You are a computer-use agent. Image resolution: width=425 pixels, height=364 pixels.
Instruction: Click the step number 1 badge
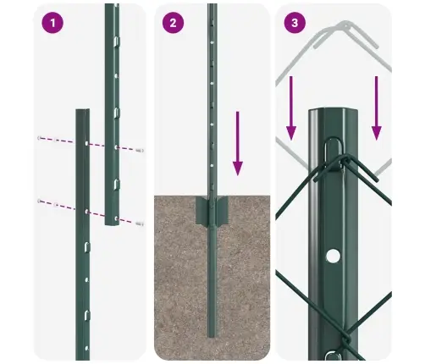click(52, 23)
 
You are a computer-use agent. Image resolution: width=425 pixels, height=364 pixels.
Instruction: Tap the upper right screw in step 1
click(139, 150)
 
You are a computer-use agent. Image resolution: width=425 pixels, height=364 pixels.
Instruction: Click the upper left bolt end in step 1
click(40, 137)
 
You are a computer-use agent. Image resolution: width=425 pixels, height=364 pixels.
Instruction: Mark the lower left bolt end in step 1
click(39, 201)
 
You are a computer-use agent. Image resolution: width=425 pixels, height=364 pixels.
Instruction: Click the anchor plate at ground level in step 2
click(212, 210)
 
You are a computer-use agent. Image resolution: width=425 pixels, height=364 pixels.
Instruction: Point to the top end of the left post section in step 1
click(81, 111)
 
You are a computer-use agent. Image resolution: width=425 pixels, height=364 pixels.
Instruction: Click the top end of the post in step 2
click(212, 7)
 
